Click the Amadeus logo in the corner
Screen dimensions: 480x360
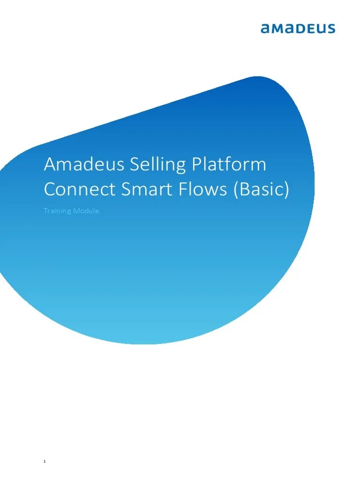point(298,29)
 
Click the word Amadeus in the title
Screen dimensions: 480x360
point(77,165)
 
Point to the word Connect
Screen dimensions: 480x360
point(75,189)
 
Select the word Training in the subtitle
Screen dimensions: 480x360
point(58,211)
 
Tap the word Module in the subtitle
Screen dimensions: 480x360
point(87,211)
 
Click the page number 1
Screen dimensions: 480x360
point(45,449)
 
